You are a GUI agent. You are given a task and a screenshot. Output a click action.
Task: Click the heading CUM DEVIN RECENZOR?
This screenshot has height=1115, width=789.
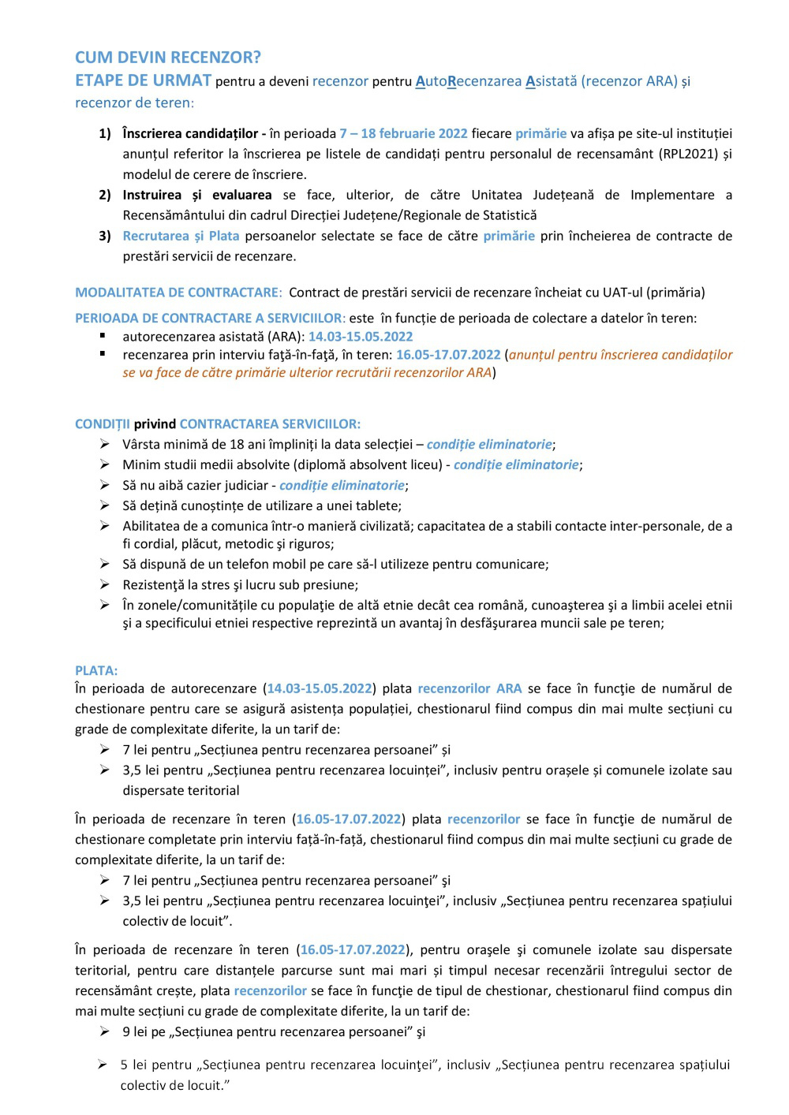click(167, 58)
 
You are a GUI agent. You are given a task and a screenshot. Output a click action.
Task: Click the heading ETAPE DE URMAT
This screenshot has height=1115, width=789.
click(143, 80)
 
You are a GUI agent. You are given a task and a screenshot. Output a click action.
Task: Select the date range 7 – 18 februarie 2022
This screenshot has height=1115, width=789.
click(403, 133)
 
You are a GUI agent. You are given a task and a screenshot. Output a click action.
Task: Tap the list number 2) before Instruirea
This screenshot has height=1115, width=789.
click(105, 195)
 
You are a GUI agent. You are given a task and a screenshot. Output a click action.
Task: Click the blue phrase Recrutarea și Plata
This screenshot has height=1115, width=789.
click(181, 236)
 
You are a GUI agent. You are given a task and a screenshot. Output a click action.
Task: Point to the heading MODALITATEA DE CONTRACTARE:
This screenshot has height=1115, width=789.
click(178, 293)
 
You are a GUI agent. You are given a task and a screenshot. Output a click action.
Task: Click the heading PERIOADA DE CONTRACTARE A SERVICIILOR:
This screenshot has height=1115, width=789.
click(210, 319)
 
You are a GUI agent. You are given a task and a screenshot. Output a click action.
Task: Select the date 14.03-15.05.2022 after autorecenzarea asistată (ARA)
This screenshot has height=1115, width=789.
click(360, 337)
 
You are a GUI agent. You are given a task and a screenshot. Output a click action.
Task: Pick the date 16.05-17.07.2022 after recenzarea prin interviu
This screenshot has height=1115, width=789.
click(448, 355)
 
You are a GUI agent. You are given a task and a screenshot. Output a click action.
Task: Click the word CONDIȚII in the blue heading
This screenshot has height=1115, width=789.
click(103, 424)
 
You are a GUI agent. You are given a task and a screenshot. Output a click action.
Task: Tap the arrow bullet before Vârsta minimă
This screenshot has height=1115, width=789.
click(105, 445)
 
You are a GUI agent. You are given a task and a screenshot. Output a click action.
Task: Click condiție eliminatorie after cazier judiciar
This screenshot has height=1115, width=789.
click(342, 486)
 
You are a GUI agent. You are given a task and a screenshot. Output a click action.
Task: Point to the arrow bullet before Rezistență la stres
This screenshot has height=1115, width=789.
click(105, 585)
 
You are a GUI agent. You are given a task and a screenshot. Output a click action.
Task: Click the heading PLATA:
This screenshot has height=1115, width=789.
click(96, 671)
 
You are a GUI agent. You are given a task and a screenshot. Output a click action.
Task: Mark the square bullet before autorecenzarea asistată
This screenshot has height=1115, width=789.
click(103, 336)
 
